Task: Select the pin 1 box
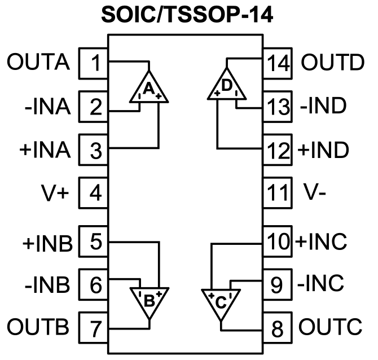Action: (x=94, y=63)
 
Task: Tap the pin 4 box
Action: (x=94, y=194)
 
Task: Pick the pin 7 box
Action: (x=94, y=327)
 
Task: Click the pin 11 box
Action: (x=277, y=194)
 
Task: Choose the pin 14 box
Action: (x=277, y=63)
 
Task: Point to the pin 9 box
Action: (x=277, y=284)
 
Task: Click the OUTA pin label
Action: (x=38, y=63)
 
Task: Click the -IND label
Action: (x=323, y=106)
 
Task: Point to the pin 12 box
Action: (x=277, y=150)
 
